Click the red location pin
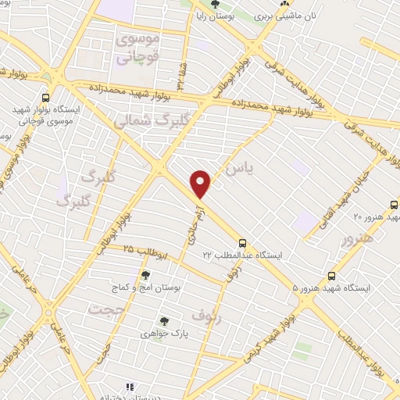click(x=202, y=184)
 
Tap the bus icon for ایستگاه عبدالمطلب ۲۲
click(x=242, y=244)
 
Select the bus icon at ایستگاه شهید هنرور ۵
click(x=332, y=276)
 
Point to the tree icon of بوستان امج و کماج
click(x=145, y=274)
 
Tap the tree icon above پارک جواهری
click(x=164, y=320)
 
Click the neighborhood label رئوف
click(x=207, y=315)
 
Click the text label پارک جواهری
click(x=166, y=334)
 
